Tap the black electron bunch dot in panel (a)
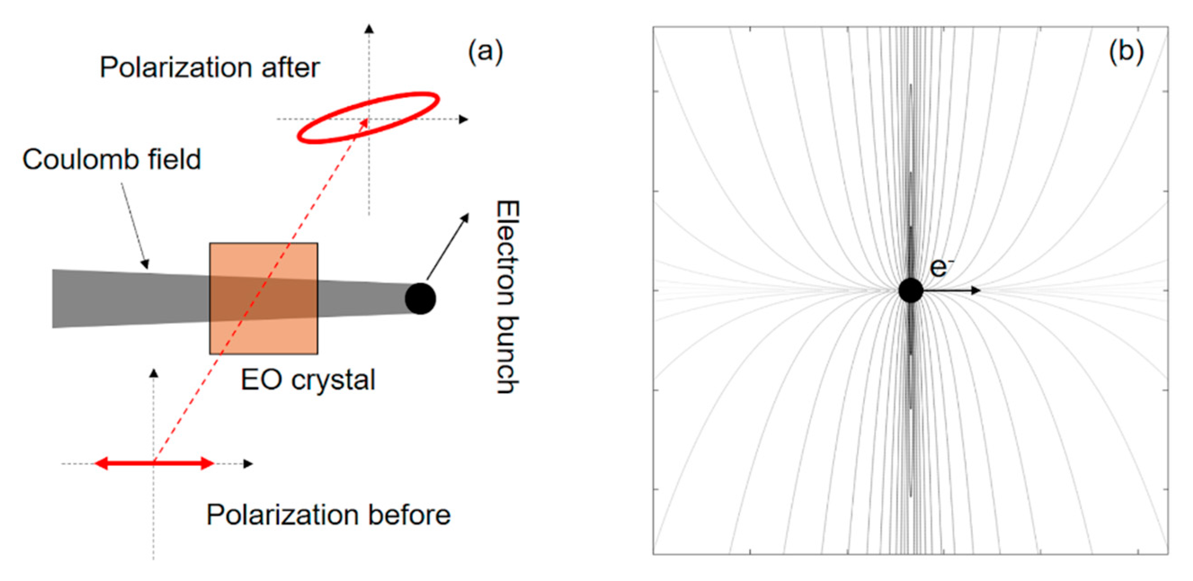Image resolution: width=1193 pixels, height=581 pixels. click(420, 299)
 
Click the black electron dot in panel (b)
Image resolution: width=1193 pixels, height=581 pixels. click(910, 290)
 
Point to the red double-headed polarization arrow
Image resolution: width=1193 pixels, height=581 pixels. click(154, 463)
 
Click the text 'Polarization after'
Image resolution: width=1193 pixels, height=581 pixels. click(209, 67)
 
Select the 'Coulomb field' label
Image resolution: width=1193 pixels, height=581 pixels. click(111, 159)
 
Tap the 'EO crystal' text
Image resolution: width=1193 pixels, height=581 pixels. click(307, 380)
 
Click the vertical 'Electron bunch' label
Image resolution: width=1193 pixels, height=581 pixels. click(508, 297)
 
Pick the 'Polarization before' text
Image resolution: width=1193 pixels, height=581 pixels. click(328, 515)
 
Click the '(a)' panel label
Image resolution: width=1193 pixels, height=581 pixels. click(485, 51)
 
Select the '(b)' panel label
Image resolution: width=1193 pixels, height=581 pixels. click(1126, 51)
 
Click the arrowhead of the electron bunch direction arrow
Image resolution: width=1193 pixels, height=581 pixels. click(466, 218)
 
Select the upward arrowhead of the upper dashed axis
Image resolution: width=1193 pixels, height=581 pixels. click(369, 29)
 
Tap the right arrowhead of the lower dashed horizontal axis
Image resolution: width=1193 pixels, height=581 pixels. click(248, 463)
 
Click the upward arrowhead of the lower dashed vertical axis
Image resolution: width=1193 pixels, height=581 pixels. click(154, 373)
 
